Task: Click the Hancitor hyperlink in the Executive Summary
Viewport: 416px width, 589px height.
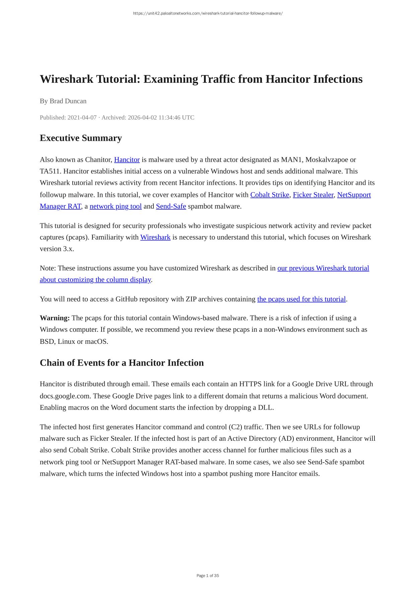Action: tap(127, 160)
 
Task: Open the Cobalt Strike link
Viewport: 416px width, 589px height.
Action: tap(270, 195)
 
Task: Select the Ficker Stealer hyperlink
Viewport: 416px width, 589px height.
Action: tap(313, 195)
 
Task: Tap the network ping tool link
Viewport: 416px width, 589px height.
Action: tap(116, 206)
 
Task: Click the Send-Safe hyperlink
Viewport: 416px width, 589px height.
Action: tap(171, 206)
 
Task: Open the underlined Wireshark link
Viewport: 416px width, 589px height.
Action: tap(155, 237)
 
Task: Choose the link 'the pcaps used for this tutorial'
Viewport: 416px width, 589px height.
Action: tap(301, 299)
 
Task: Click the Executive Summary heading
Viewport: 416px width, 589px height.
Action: tap(81, 138)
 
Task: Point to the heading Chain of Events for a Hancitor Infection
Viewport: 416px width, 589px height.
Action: tap(122, 363)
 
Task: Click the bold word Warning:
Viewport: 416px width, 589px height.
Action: tap(55, 318)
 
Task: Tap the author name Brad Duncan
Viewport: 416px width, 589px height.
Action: tap(68, 101)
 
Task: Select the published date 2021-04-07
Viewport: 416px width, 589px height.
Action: tap(82, 118)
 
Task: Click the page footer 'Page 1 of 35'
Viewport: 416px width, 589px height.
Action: tap(208, 576)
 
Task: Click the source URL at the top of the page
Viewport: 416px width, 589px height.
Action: tap(208, 13)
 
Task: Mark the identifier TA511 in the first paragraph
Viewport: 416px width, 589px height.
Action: tap(50, 171)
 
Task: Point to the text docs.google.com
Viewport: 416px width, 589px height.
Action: tap(65, 396)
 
